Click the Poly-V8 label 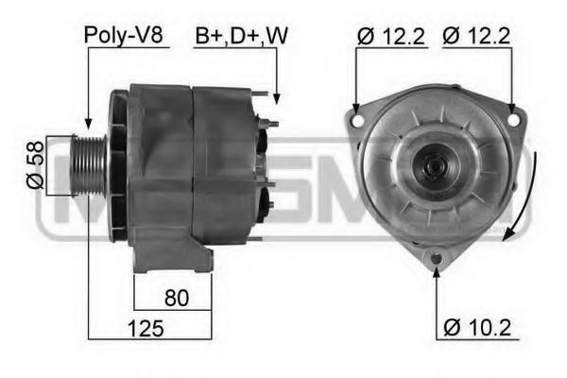pyautogui.click(x=124, y=36)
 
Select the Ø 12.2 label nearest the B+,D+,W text pyautogui.click(x=391, y=36)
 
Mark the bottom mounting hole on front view pyautogui.click(x=437, y=258)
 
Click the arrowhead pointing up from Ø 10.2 pyautogui.click(x=437, y=273)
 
